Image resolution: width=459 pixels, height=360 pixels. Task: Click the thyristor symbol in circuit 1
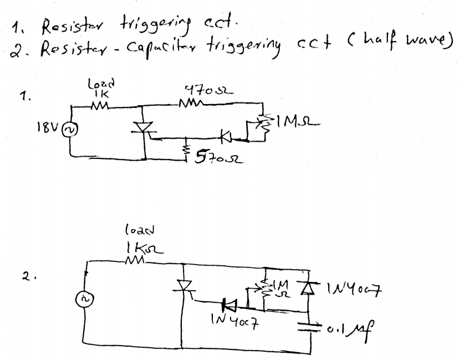pos(144,128)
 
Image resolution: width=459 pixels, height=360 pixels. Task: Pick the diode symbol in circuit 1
pos(224,135)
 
